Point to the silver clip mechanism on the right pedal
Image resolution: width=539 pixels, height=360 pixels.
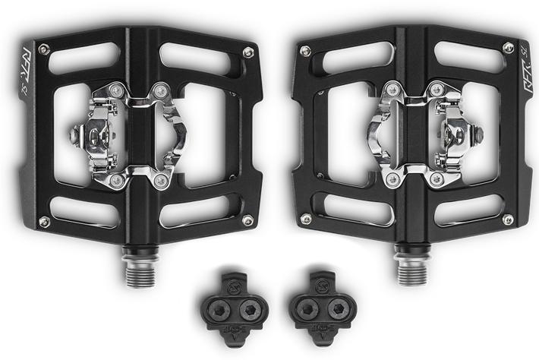(x=414, y=137)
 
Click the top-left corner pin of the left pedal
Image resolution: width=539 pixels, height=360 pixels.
(x=44, y=50)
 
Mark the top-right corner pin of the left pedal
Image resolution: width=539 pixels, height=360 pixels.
(x=247, y=52)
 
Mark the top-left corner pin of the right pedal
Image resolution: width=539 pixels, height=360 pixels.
(x=305, y=51)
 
